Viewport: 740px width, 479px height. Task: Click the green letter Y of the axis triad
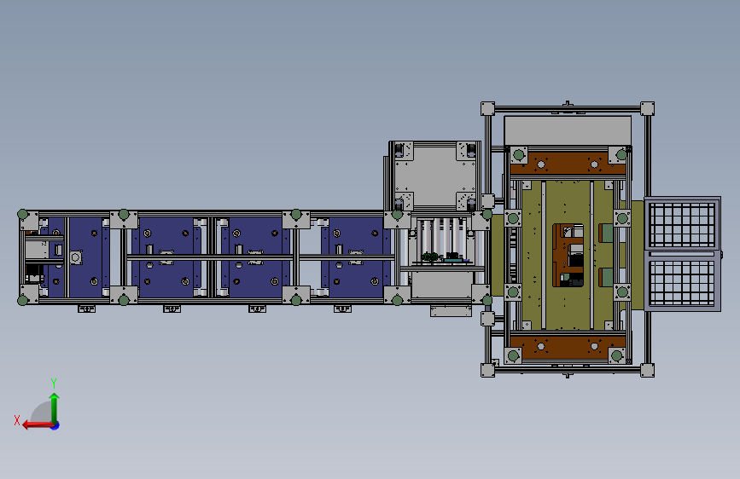tap(54, 383)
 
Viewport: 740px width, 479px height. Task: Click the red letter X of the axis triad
tap(17, 420)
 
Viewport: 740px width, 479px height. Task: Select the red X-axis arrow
tap(38, 425)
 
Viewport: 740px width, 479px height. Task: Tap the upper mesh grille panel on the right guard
tap(681, 225)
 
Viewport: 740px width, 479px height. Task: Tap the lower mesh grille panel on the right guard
tap(681, 282)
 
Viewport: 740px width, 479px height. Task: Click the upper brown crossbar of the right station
tap(568, 164)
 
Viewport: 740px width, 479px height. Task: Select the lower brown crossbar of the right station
tap(568, 347)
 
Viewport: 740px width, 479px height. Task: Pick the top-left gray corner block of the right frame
tap(487, 108)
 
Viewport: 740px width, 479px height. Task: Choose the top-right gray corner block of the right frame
tap(647, 108)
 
